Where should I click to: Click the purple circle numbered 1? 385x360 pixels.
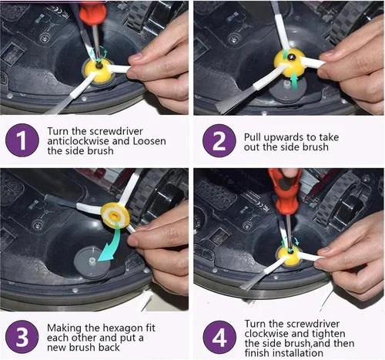(x=22, y=140)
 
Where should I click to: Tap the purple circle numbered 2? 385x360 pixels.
(x=219, y=140)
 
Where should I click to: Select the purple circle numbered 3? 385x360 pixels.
(x=22, y=337)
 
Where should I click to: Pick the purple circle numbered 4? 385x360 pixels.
(x=219, y=337)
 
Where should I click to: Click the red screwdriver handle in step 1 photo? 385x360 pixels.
(x=92, y=13)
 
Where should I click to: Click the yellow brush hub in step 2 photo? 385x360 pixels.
(x=290, y=62)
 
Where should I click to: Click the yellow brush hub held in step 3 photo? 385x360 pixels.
(x=115, y=215)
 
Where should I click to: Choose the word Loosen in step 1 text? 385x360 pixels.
(x=149, y=141)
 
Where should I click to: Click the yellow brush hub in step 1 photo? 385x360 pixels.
(x=98, y=70)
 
